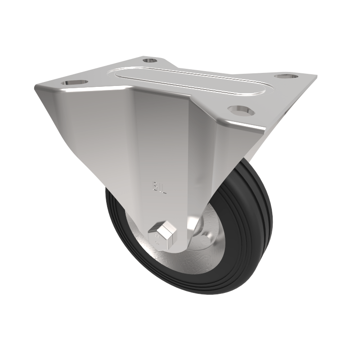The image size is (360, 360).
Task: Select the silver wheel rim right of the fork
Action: tap(202, 252)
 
